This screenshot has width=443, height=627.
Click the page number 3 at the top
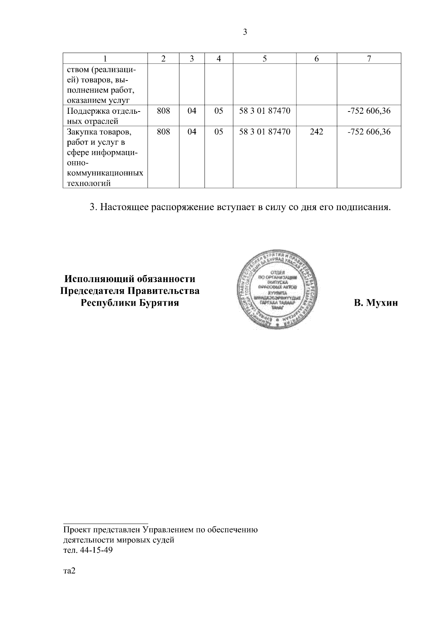point(245,32)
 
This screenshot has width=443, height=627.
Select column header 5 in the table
point(265,58)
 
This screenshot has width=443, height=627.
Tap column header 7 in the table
point(368,58)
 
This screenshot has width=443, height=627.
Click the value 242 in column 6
point(316,132)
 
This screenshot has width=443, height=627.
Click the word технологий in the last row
point(89,184)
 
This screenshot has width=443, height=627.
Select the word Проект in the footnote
point(76,530)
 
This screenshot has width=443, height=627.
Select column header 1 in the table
point(105,58)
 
